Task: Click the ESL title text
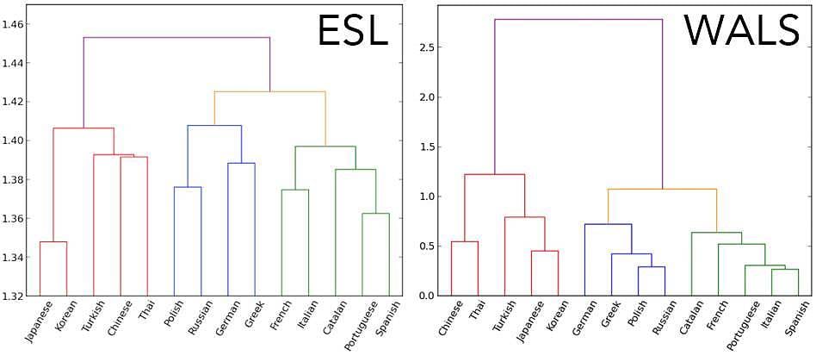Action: (352, 32)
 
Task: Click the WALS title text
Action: (742, 32)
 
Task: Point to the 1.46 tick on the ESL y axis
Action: (15, 24)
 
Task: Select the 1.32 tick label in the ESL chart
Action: (15, 296)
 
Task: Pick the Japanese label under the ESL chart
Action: (40, 321)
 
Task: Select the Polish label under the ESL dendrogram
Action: (173, 316)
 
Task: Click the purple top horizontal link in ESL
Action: (176, 38)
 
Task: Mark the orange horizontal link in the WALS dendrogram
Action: (662, 189)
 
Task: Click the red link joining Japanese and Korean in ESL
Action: (53, 242)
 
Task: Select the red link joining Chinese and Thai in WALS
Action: (465, 241)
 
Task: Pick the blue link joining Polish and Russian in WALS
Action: (652, 267)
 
